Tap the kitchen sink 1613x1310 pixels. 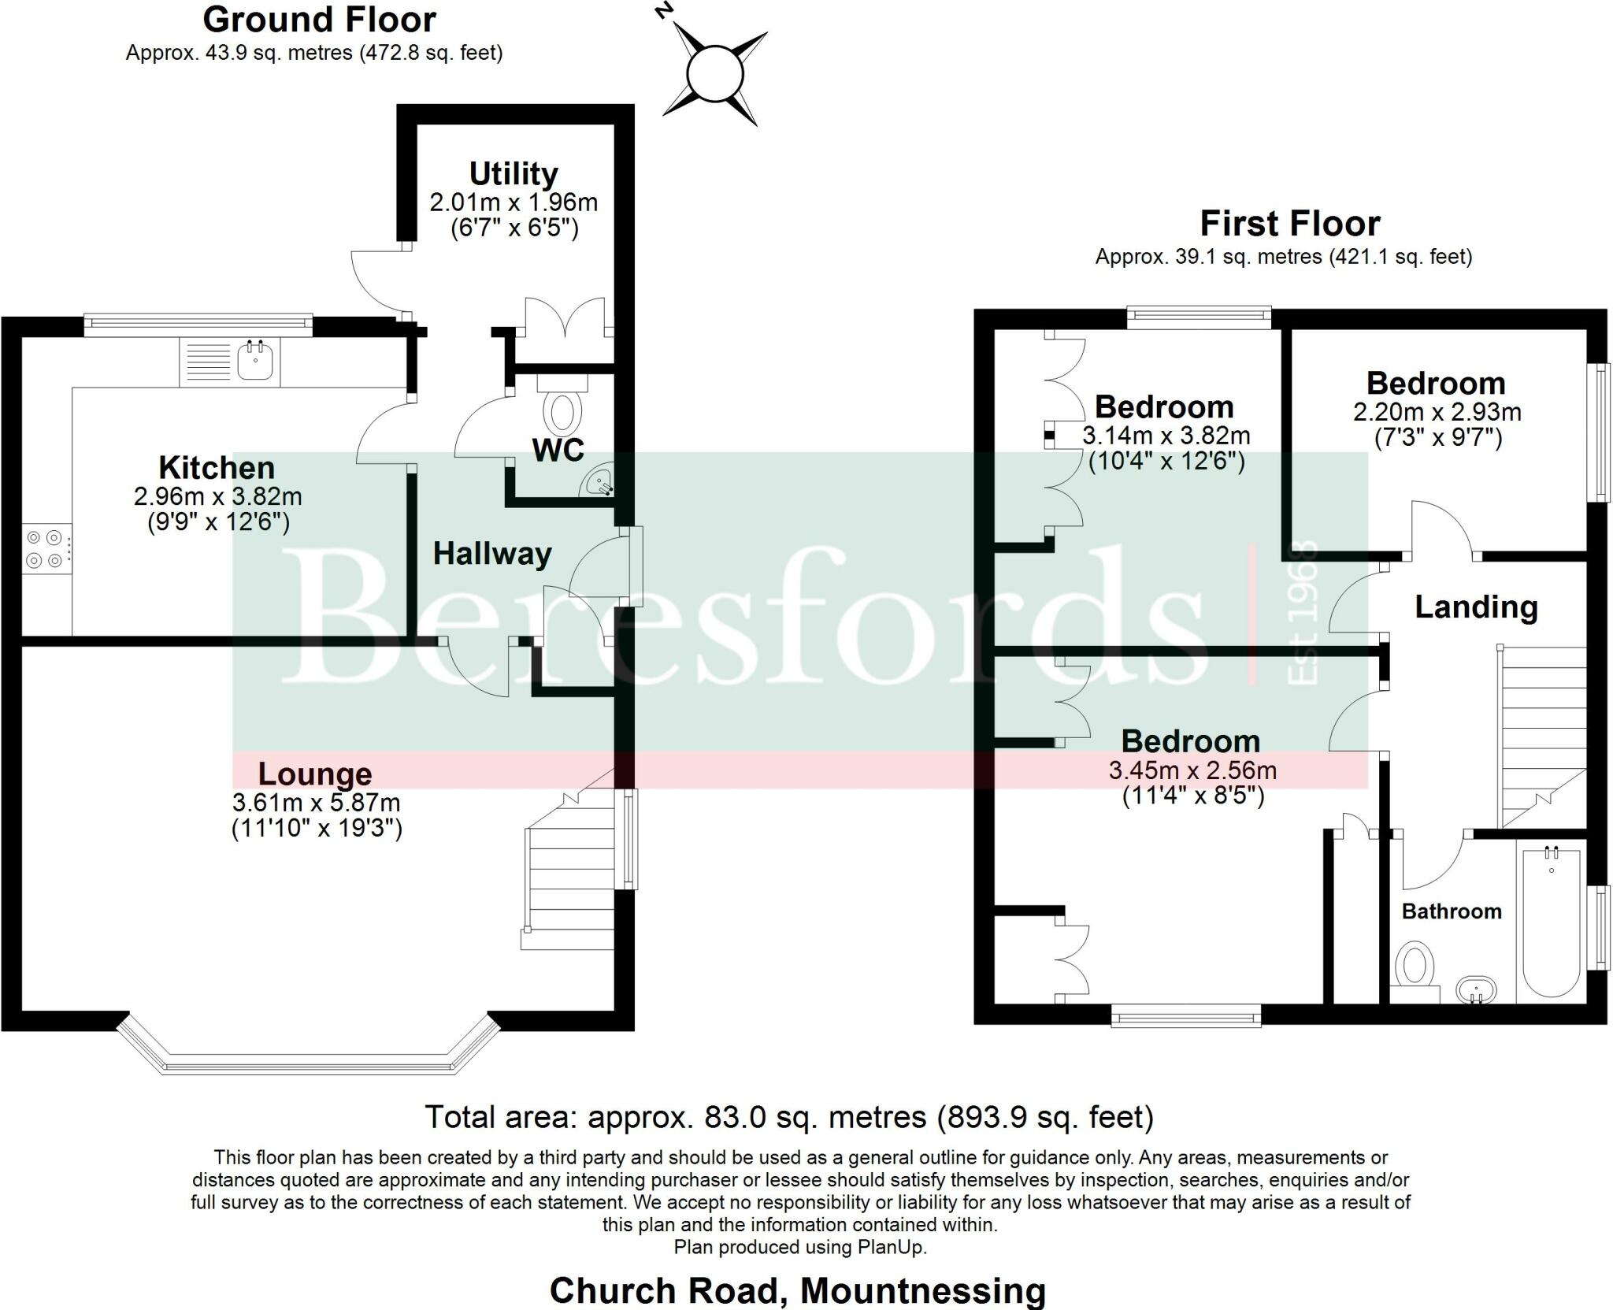tap(254, 362)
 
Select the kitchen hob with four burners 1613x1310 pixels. tap(45, 549)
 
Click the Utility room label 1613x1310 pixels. tap(514, 173)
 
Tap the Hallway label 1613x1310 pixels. tap(492, 554)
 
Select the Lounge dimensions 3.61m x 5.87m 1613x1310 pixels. tap(316, 803)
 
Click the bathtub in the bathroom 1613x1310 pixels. tap(1551, 922)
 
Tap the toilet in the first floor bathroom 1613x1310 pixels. tap(1415, 968)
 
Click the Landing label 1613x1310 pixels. tap(1476, 607)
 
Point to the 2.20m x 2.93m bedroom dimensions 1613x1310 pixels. tap(1437, 412)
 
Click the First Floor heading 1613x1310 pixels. tap(1289, 224)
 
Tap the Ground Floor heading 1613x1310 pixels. tap(319, 20)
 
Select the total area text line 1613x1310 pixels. tap(789, 1117)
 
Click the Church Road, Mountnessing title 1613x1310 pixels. tap(797, 1290)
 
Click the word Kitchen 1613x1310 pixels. tap(217, 468)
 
